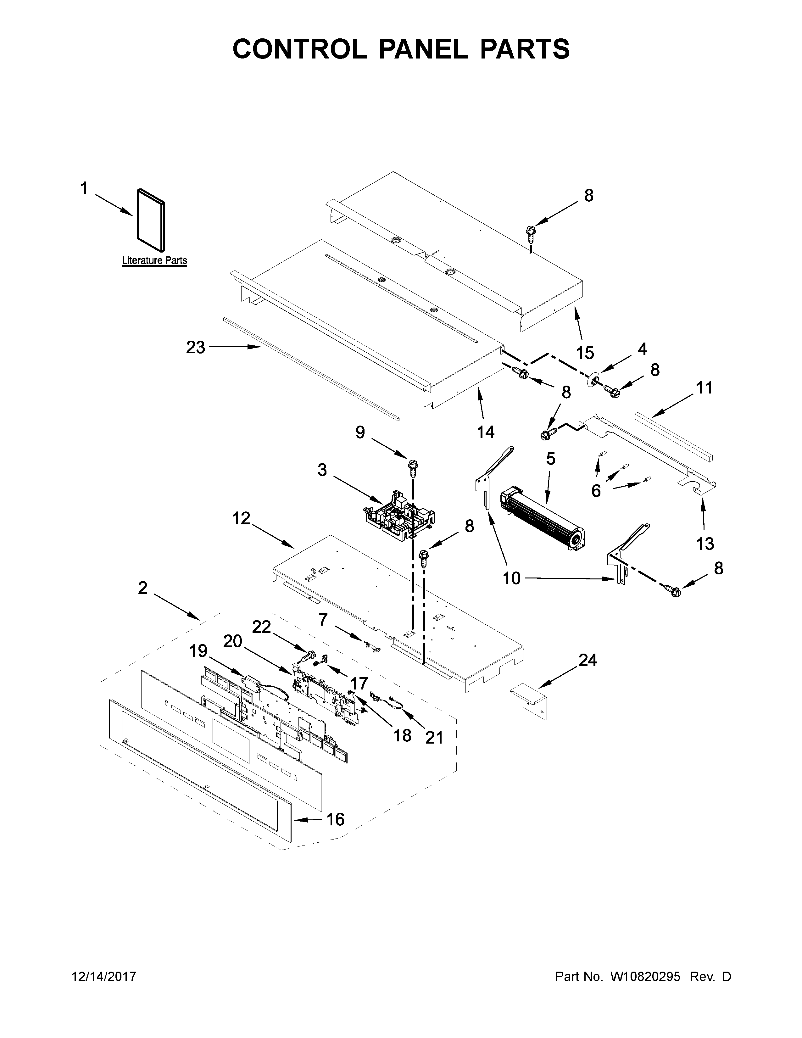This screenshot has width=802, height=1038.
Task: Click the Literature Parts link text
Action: [x=154, y=260]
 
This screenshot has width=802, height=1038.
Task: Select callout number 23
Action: [x=195, y=348]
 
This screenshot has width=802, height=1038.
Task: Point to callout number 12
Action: [x=241, y=518]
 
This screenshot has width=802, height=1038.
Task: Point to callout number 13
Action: [x=705, y=543]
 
